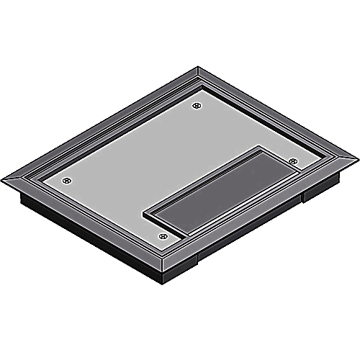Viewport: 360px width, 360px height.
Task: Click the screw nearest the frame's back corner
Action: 197,107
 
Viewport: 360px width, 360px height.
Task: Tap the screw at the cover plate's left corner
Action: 66,180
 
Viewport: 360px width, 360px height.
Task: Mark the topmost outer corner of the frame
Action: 199,68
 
